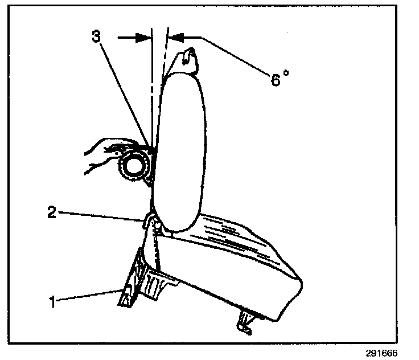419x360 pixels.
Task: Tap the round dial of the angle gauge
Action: click(x=133, y=167)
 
